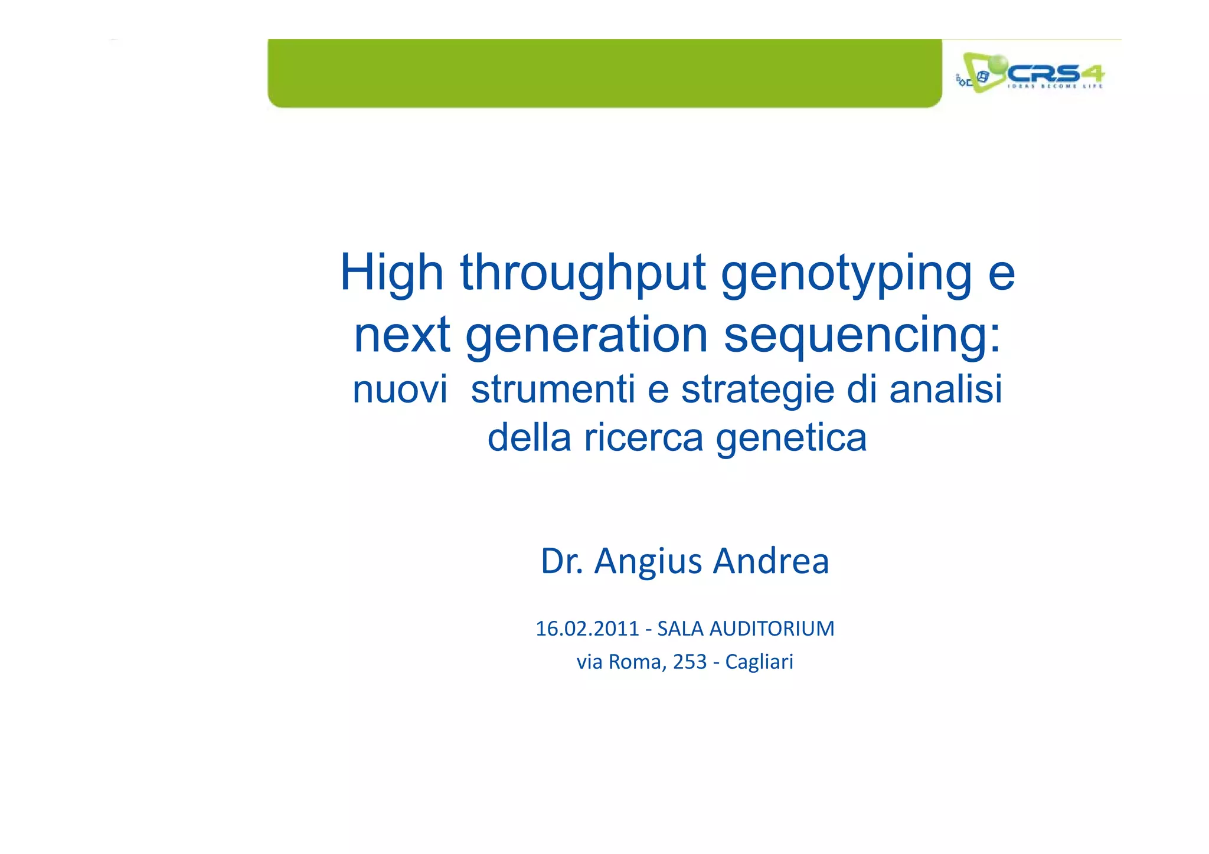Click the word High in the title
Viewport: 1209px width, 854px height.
pyautogui.click(x=391, y=273)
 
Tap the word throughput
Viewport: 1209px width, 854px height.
pyautogui.click(x=583, y=273)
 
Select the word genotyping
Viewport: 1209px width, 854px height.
pyautogui.click(x=846, y=273)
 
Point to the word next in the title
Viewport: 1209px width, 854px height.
pyautogui.click(x=401, y=335)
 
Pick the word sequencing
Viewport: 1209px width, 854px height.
pyautogui.click(x=862, y=335)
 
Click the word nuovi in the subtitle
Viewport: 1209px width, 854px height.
pyautogui.click(x=400, y=390)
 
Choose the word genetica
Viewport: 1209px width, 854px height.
pyautogui.click(x=791, y=438)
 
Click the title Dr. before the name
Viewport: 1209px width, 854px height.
pyautogui.click(x=561, y=561)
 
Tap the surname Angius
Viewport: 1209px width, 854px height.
pyautogui.click(x=648, y=561)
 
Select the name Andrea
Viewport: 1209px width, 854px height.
pyautogui.click(x=771, y=561)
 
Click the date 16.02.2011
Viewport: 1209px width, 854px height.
pyautogui.click(x=587, y=629)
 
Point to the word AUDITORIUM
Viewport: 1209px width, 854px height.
pyautogui.click(x=772, y=629)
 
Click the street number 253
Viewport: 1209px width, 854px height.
pyautogui.click(x=690, y=662)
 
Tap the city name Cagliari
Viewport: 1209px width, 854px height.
pyautogui.click(x=759, y=662)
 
